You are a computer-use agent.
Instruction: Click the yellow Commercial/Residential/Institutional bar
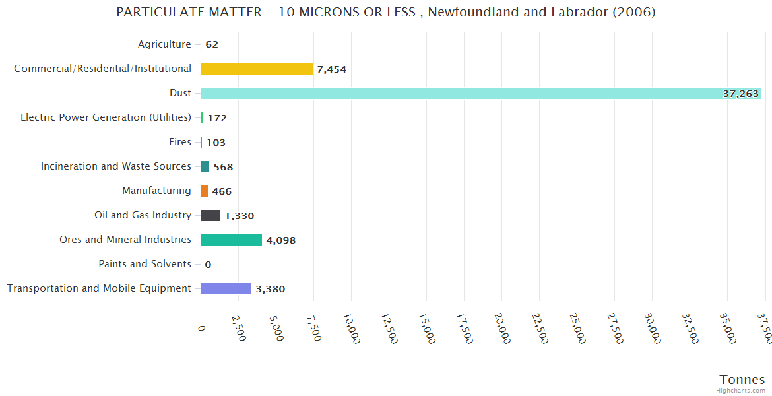[x=257, y=69]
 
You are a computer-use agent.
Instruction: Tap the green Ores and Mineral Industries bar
[x=232, y=240]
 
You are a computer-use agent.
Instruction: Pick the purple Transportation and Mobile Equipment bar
[x=226, y=288]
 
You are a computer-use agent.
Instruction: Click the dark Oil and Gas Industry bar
[x=210, y=215]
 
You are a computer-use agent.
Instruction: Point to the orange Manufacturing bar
[x=205, y=191]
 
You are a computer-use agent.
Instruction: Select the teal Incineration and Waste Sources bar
[x=205, y=166]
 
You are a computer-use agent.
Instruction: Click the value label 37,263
[x=740, y=94]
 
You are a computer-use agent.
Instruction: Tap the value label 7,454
[x=331, y=69]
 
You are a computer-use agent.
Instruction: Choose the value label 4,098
[x=281, y=240]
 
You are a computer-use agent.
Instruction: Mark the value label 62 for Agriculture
[x=212, y=45]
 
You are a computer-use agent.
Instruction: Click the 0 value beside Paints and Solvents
[x=208, y=265]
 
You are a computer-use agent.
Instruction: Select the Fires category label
[x=180, y=142]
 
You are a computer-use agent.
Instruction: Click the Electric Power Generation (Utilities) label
[x=106, y=117]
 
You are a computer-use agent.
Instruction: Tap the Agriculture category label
[x=164, y=44]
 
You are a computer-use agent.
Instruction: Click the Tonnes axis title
[x=742, y=379]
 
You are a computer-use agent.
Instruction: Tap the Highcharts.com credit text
[x=741, y=391]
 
